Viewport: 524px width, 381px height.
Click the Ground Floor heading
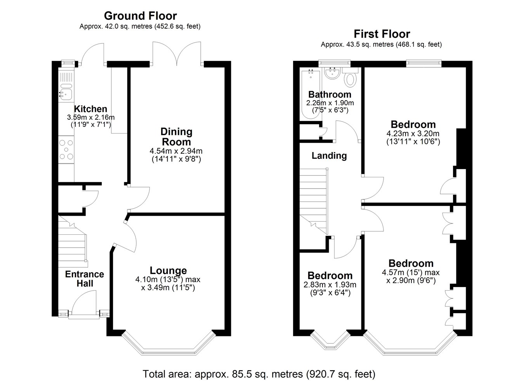(141, 16)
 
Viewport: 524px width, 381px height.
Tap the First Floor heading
(382, 34)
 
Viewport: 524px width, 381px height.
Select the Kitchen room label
(90, 109)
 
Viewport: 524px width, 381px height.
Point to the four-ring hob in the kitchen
(66, 150)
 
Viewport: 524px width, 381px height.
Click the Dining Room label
(176, 137)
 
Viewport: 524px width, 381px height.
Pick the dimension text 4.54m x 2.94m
(176, 151)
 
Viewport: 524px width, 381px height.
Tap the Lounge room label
(168, 270)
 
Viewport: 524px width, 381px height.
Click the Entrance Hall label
(85, 279)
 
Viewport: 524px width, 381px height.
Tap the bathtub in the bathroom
(311, 94)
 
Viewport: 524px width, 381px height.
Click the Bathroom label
(330, 95)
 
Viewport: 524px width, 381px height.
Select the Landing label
(329, 156)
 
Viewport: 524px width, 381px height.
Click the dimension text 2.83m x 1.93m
(330, 285)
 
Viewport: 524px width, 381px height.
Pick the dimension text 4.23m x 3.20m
(413, 133)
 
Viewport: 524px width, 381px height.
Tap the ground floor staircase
(72, 241)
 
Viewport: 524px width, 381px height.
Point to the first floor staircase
(314, 201)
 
